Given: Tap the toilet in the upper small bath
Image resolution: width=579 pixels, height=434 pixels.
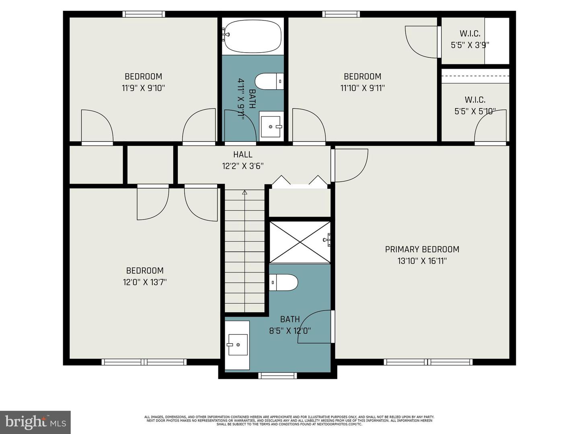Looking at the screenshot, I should click(269, 82).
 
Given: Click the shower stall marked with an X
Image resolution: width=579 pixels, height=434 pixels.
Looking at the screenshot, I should click(300, 242).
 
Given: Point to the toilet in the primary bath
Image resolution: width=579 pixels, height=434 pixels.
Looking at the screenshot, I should click(283, 282).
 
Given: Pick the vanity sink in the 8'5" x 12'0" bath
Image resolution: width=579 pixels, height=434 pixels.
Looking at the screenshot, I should click(237, 345).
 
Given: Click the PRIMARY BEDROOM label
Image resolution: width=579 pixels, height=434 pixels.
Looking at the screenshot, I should click(422, 249).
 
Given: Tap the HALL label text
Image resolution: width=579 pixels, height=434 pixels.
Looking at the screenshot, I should click(243, 154).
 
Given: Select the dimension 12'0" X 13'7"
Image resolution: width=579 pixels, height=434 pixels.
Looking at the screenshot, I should click(145, 282).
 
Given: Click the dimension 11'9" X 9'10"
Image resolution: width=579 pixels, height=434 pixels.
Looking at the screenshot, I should click(144, 88).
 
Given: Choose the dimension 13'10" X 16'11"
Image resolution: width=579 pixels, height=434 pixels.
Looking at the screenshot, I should click(422, 261).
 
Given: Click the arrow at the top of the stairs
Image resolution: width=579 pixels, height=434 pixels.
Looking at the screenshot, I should click(244, 193).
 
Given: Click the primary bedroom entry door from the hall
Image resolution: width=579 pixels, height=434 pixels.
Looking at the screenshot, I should click(350, 165).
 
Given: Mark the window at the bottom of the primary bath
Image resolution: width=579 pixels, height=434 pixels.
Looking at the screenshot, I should click(277, 376).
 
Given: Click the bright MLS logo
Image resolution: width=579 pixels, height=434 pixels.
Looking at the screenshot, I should click(35, 422).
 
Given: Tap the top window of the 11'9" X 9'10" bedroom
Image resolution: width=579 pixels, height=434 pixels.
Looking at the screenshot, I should click(144, 14).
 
